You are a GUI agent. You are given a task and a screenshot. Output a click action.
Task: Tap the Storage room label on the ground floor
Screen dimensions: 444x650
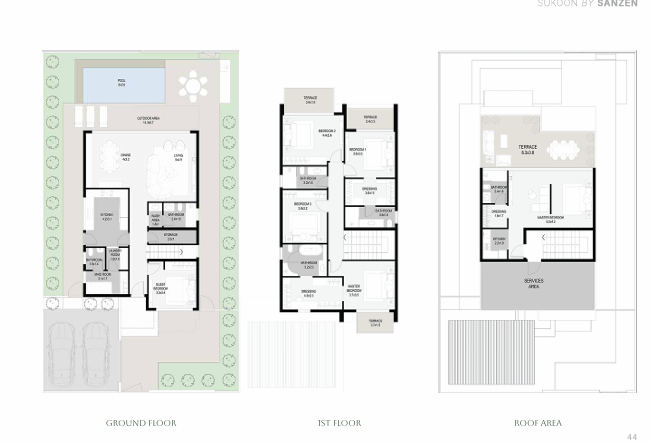tap(171, 238)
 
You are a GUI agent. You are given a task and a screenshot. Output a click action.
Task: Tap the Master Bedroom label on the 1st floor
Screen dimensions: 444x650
tap(354, 292)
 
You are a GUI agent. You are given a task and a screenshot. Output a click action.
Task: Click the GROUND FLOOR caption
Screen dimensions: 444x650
tap(141, 423)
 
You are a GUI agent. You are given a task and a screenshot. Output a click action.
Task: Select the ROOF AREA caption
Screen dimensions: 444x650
tap(538, 423)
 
